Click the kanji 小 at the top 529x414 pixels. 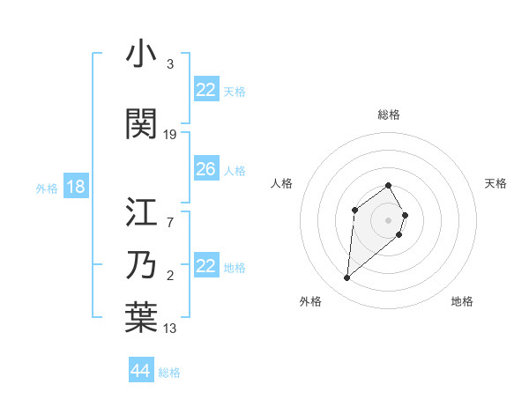(141, 55)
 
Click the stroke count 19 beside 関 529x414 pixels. (170, 135)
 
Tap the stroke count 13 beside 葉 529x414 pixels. (170, 329)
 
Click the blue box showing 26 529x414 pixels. (205, 169)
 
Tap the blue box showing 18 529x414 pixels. (75, 187)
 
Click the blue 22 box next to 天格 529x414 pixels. (205, 90)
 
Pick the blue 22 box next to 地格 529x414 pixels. (205, 266)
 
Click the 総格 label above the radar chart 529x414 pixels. (389, 115)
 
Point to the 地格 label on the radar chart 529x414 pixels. (462, 301)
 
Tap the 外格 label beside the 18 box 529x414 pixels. (47, 188)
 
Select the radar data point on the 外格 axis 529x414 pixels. (347, 278)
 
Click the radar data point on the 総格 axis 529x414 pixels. (389, 185)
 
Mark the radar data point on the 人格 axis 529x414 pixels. (354, 210)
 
